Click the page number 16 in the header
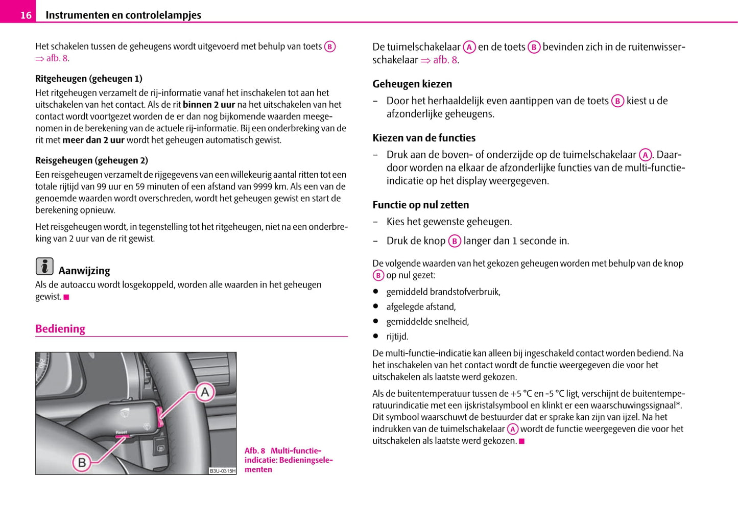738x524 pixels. (26, 15)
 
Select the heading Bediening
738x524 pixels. (60, 329)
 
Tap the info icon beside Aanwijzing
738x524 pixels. (44, 267)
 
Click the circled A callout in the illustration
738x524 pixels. (205, 392)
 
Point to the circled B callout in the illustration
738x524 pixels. (82, 463)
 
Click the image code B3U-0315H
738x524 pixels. (223, 471)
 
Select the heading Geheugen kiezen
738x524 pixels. (412, 84)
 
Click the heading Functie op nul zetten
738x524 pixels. (420, 205)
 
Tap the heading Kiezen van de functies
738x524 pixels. (424, 138)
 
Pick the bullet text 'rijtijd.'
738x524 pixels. (397, 337)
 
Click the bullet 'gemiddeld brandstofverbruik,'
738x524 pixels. (443, 292)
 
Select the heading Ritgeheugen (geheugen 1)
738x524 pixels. (89, 79)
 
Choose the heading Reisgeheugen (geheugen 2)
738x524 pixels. (91, 160)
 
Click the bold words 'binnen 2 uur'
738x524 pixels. (209, 105)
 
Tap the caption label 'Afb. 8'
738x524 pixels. (255, 451)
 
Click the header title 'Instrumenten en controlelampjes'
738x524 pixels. (123, 15)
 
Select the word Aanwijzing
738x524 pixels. (84, 271)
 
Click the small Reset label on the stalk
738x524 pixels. (121, 433)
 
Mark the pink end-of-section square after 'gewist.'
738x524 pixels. (66, 297)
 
